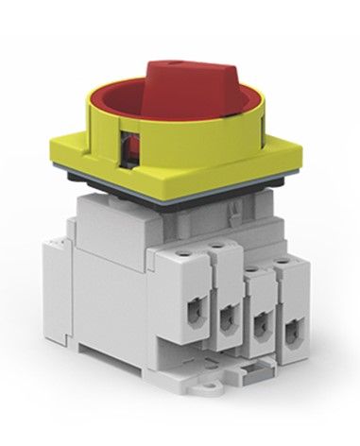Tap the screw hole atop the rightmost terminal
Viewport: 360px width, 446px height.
283,279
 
